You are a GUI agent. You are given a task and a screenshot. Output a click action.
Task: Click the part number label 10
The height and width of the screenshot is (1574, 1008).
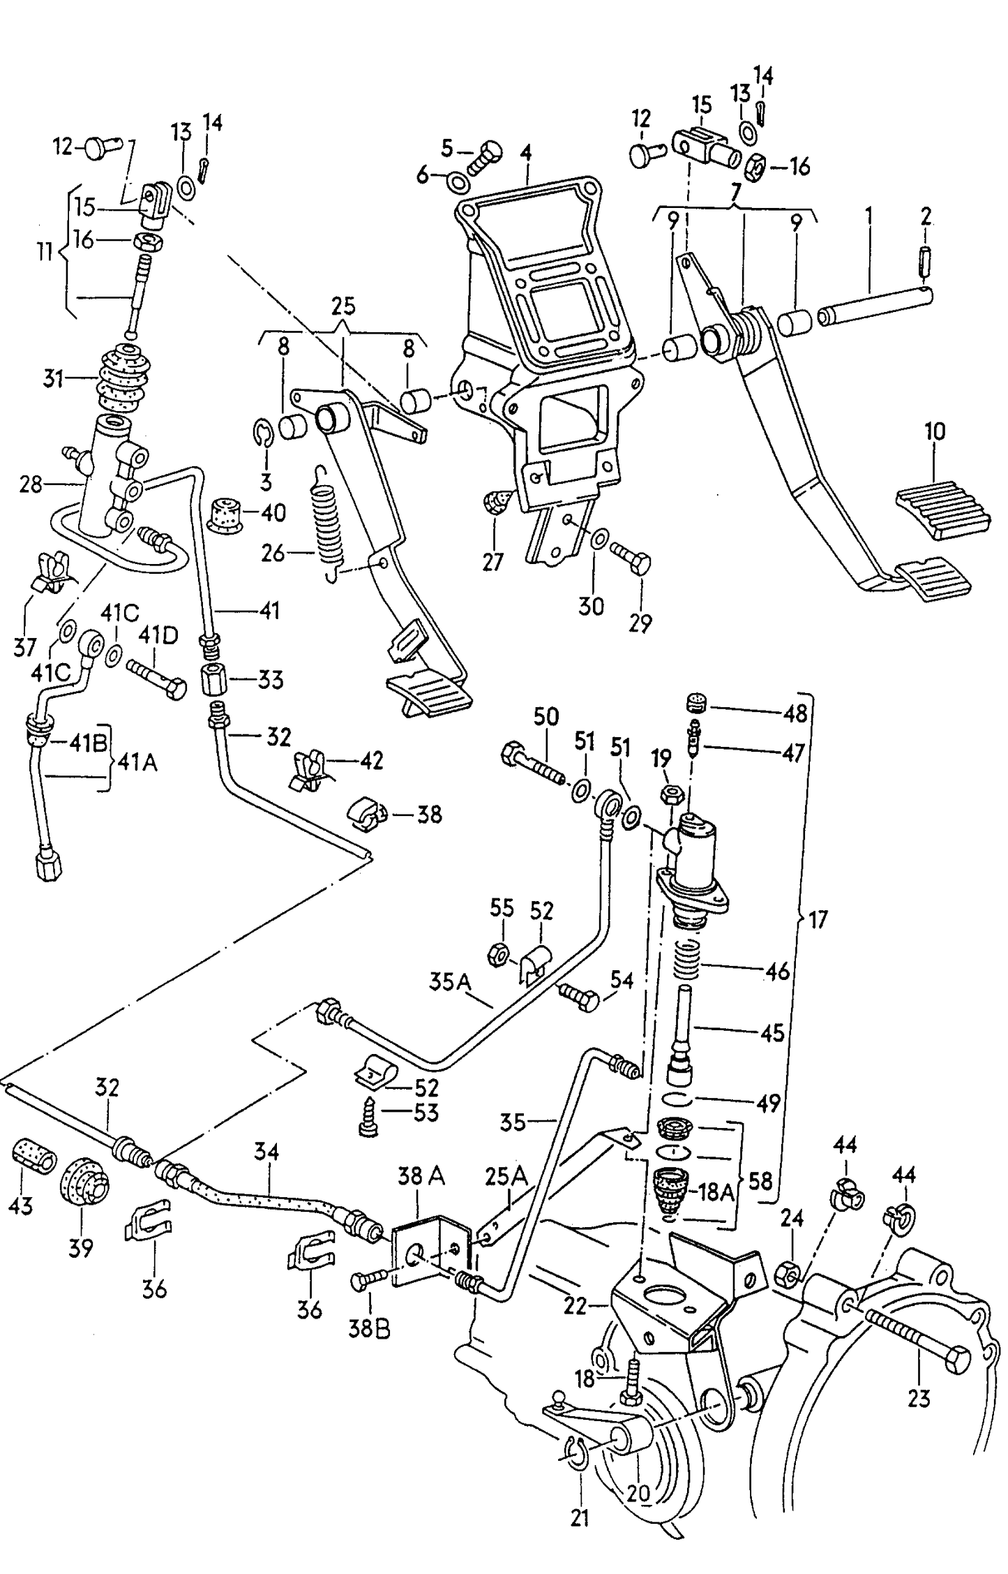point(935,431)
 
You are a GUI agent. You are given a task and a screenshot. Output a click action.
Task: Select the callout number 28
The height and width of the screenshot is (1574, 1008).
point(31,484)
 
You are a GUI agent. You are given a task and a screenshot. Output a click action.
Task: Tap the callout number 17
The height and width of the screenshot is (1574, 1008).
point(818,920)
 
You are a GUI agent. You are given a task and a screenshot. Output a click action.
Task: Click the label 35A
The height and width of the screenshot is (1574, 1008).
point(450,983)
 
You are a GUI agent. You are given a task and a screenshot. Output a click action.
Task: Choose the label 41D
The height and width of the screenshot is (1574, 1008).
point(158,636)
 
